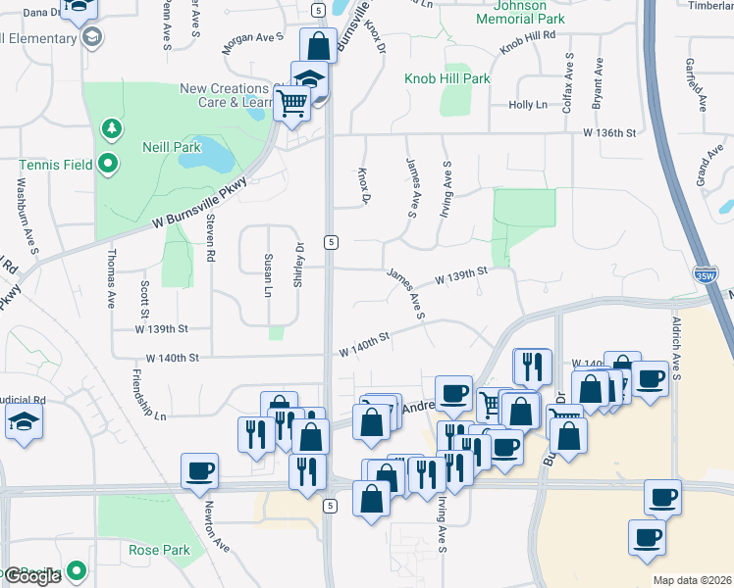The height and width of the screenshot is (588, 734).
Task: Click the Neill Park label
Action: (x=173, y=148)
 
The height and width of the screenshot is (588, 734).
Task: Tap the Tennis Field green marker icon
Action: (x=108, y=163)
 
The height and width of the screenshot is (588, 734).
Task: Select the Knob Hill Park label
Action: (x=446, y=77)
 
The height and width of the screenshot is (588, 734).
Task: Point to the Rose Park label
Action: (x=159, y=550)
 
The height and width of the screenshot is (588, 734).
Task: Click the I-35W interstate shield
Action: (x=705, y=277)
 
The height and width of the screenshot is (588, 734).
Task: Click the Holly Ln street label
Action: (x=527, y=105)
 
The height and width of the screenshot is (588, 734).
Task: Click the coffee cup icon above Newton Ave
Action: (x=199, y=470)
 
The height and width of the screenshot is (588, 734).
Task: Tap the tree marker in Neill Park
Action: (x=111, y=128)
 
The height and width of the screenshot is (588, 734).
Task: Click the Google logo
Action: (x=30, y=576)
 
